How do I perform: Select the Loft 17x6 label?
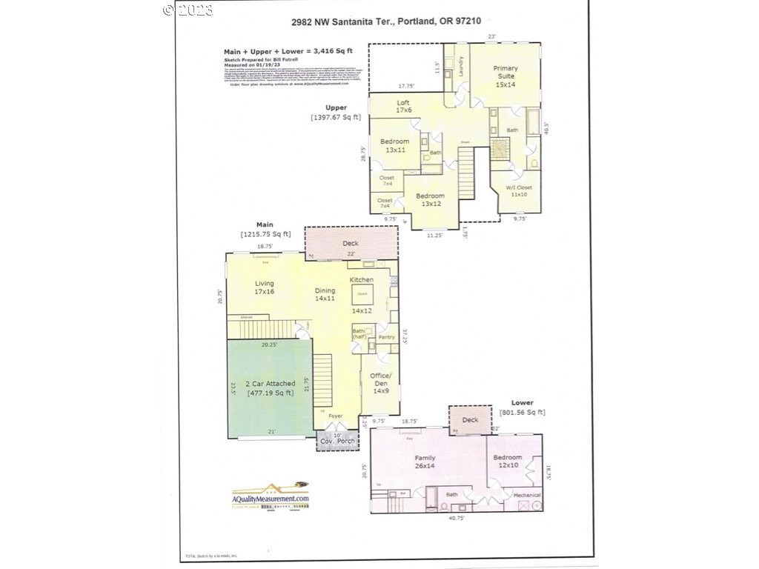click(x=403, y=107)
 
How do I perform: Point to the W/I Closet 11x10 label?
click(x=520, y=190)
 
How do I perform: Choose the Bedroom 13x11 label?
click(x=394, y=145)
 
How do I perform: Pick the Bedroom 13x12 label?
click(x=430, y=199)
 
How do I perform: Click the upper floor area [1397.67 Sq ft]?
click(x=337, y=118)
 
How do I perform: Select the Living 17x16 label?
click(x=265, y=287)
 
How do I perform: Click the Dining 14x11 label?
click(x=325, y=295)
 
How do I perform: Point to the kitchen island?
click(x=363, y=295)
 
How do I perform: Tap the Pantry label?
click(x=386, y=337)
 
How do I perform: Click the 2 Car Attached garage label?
click(x=271, y=388)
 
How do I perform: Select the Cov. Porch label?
click(x=337, y=441)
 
